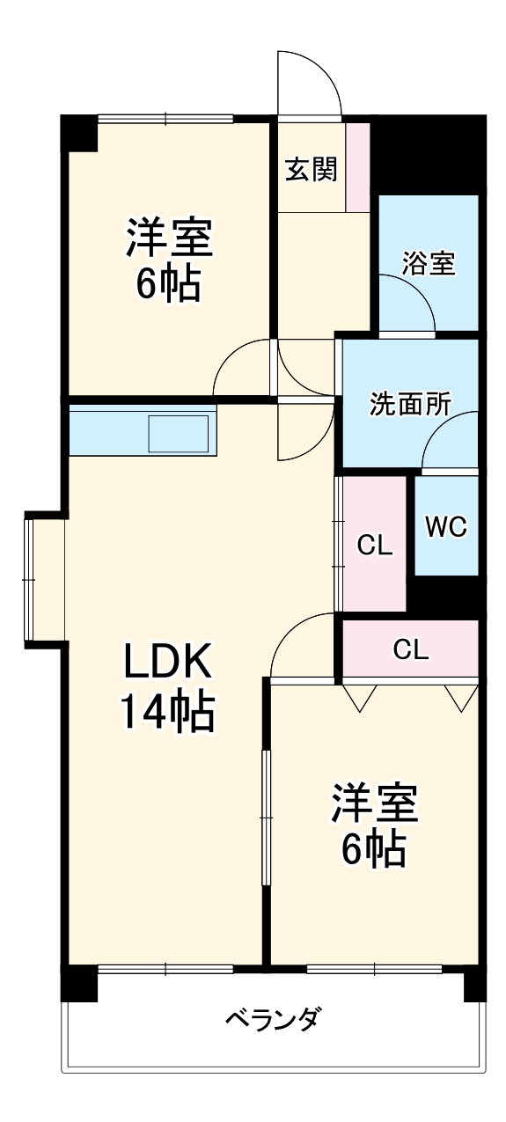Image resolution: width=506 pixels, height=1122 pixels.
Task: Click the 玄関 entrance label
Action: tap(311, 169)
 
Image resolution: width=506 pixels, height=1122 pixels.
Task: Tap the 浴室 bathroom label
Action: tap(429, 263)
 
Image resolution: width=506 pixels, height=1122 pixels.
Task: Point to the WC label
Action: tap(446, 526)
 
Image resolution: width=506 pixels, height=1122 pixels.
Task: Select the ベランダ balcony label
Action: tap(272, 1020)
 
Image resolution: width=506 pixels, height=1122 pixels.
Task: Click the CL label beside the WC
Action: tap(374, 546)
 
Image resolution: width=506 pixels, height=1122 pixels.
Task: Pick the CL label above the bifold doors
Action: tap(410, 650)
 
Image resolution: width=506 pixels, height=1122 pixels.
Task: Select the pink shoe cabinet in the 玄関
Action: tap(358, 166)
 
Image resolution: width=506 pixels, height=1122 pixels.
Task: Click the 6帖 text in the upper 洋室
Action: tap(167, 283)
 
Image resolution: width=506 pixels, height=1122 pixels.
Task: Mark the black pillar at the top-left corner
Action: tap(77, 132)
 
